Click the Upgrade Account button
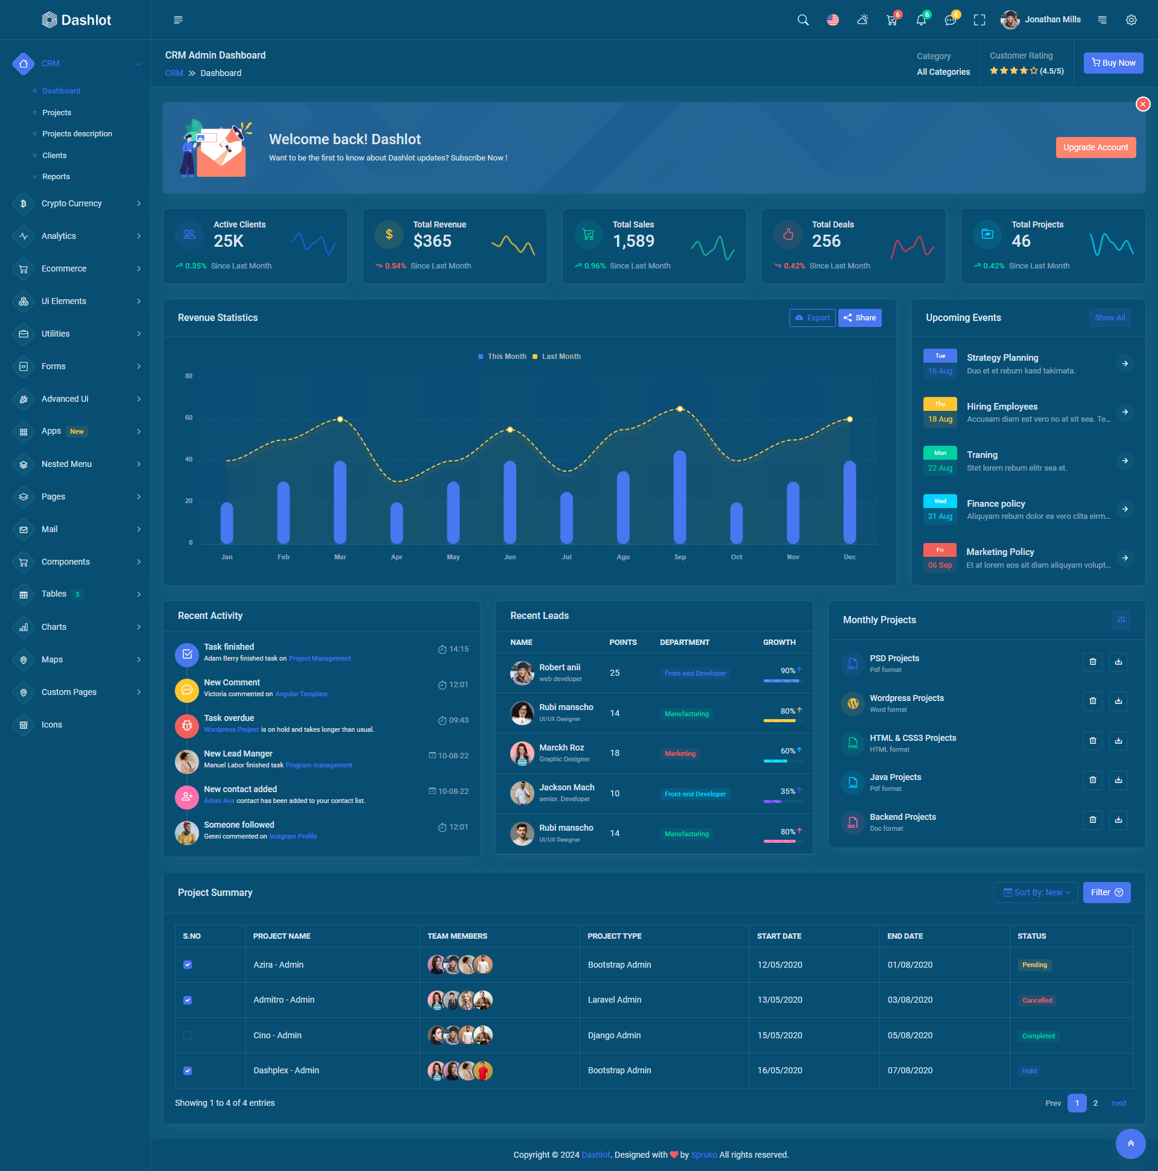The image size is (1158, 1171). (1095, 147)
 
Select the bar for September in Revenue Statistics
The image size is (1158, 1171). (679, 497)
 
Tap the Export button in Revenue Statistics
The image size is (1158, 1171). (812, 317)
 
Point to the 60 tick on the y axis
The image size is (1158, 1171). (189, 417)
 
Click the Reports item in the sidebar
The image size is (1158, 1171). (55, 176)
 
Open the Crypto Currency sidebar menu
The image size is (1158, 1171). (72, 204)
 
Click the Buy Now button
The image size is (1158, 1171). (1113, 63)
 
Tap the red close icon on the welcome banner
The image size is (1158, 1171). (1142, 104)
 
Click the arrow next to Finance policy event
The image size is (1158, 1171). (1125, 509)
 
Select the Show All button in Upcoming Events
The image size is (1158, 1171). (1109, 317)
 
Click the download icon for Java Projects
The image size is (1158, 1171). (1118, 780)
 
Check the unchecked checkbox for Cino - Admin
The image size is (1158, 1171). (188, 1035)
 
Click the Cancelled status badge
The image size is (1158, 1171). (1037, 1000)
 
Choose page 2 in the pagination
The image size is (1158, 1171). (1095, 1103)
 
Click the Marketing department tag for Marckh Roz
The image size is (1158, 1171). (679, 754)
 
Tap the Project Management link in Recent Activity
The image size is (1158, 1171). (319, 658)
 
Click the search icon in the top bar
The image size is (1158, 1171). (803, 20)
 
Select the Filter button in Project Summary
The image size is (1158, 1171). (1106, 892)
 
